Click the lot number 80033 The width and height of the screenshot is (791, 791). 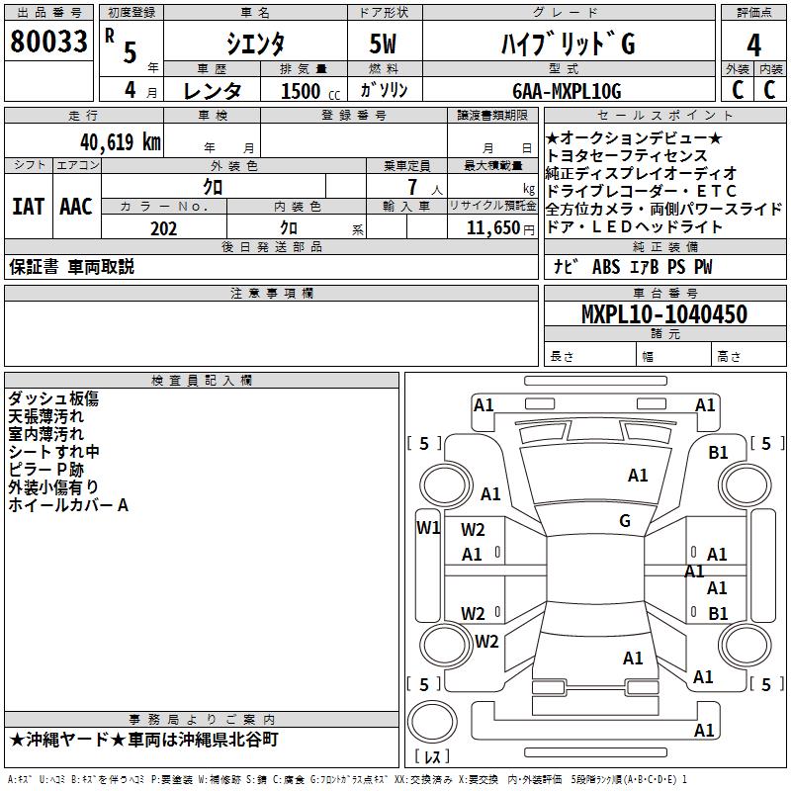[x=48, y=42]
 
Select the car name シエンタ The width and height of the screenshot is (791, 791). [x=255, y=44]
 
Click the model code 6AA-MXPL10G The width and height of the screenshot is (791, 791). [x=567, y=91]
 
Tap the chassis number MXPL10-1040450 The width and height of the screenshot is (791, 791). [x=663, y=314]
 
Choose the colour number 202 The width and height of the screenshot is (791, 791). [x=163, y=228]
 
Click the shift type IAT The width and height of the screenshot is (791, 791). [x=27, y=207]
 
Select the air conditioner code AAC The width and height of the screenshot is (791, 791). [x=75, y=207]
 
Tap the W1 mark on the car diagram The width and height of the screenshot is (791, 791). [x=427, y=527]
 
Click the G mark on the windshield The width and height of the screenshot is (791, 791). [x=625, y=520]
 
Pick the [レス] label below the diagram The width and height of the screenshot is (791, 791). [x=432, y=757]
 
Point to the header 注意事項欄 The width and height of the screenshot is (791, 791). [x=272, y=294]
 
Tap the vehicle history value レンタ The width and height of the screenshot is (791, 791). [x=213, y=91]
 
